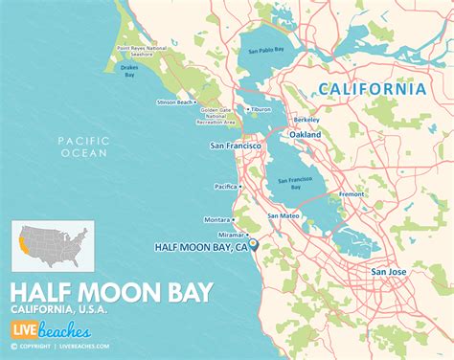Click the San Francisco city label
coord(236,146)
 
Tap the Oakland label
coord(305,135)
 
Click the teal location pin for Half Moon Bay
coord(254,245)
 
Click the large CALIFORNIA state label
coord(373,89)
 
